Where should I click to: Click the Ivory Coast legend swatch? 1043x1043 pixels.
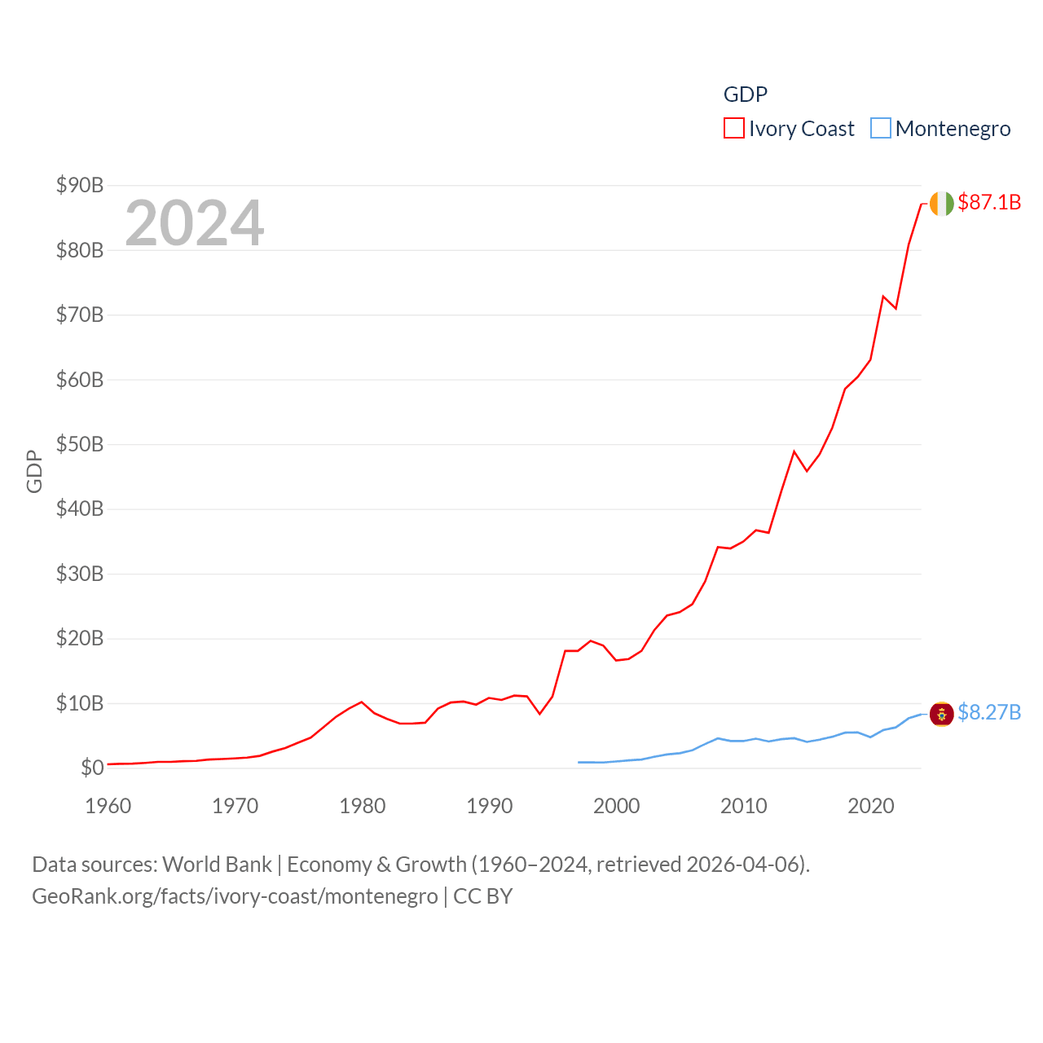click(733, 129)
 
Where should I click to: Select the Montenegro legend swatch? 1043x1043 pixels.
click(880, 129)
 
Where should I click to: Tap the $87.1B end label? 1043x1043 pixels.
click(989, 202)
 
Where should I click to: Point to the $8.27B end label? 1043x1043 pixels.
click(989, 712)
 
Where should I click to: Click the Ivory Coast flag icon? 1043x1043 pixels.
click(942, 203)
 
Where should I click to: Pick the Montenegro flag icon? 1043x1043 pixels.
click(942, 714)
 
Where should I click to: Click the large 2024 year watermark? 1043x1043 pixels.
click(195, 222)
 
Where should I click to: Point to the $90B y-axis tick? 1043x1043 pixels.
click(80, 185)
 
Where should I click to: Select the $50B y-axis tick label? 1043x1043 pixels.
click(80, 444)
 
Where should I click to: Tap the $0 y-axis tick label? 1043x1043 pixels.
click(92, 768)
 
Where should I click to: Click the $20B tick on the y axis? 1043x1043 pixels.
click(80, 638)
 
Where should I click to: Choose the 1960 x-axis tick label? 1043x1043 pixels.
click(108, 806)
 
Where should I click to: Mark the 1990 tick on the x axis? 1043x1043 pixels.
click(490, 806)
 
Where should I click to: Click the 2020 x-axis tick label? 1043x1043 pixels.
click(871, 806)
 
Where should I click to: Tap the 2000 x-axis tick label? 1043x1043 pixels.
click(617, 806)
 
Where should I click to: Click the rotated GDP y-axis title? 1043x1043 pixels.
click(34, 471)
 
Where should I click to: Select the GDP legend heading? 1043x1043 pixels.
click(746, 95)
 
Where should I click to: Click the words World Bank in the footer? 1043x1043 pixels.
click(218, 864)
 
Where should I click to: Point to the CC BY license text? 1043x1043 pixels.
click(483, 896)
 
